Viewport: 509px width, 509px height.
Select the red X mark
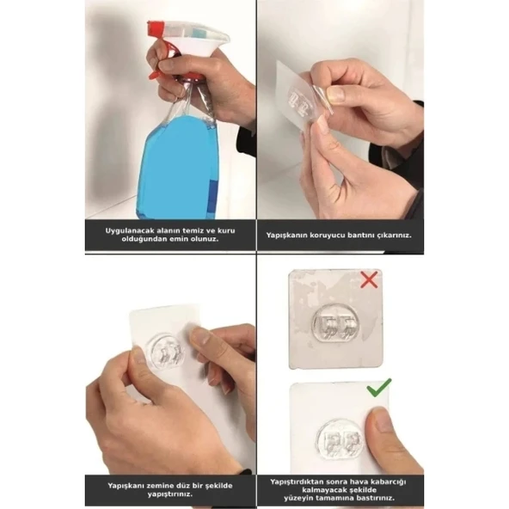click(x=369, y=281)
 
